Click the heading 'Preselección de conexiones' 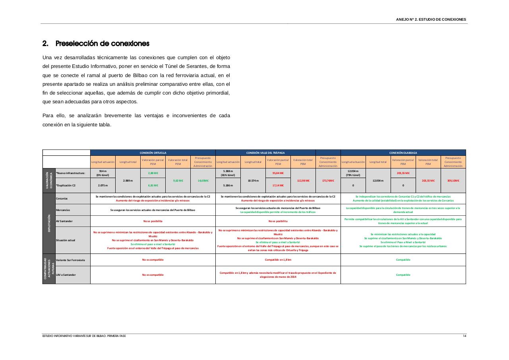pyautogui.click(x=102, y=43)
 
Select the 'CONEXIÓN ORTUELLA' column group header pyautogui.click(x=153, y=153)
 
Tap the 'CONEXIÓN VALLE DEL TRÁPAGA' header pyautogui.click(x=265, y=153)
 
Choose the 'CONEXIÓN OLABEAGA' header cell pyautogui.click(x=403, y=153)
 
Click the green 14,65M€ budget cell pyautogui.click(x=203, y=180)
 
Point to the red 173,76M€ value pyautogui.click(x=328, y=180)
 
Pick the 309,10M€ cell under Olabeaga pyautogui.click(x=453, y=180)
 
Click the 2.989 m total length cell pyautogui.click(x=128, y=180)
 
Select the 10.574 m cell pyautogui.click(x=253, y=180)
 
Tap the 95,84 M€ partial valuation pyautogui.click(x=278, y=173)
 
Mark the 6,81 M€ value pyautogui.click(x=153, y=186)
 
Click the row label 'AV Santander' pyautogui.click(x=64, y=221)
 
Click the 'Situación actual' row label pyautogui.click(x=66, y=240)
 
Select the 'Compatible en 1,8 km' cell pyautogui.click(x=278, y=260)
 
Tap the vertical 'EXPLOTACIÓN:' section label pyautogui.click(x=49, y=223)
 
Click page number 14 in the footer pyautogui.click(x=464, y=336)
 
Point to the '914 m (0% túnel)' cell pyautogui.click(x=103, y=173)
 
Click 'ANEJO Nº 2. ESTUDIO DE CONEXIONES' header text pyautogui.click(x=431, y=19)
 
